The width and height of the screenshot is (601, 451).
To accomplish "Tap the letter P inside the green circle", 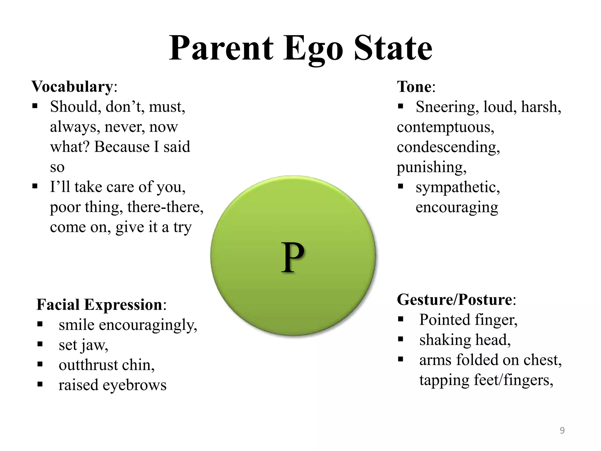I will pos(293,258).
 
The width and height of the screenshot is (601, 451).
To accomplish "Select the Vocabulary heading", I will pos(72,87).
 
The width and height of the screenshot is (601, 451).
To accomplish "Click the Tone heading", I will pos(414,87).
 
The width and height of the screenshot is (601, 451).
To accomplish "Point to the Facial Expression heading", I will pos(99,304).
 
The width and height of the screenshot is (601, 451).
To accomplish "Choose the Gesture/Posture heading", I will pos(454,300).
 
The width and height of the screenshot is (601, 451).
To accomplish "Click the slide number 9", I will pos(562,430).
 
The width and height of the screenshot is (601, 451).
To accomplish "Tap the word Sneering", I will pos(445,107).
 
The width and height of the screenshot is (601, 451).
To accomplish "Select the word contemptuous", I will pos(445,127).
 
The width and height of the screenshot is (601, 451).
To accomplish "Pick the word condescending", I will pos(448,147).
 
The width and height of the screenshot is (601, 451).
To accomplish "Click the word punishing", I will pos(431,167).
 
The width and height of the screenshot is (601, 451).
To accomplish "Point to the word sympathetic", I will pos(457,187).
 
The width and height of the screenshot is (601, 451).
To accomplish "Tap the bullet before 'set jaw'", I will pos(40,344).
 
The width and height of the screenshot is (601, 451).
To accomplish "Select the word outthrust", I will pos(88,365).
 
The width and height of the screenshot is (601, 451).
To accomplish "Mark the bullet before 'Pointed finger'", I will pos(401,319).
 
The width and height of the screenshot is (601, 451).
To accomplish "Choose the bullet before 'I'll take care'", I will pos(35,186).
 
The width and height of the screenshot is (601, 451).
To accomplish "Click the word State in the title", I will pos(393,48).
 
